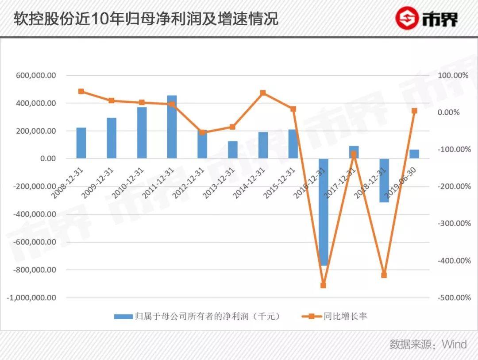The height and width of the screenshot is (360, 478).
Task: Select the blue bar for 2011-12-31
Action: pyautogui.click(x=172, y=127)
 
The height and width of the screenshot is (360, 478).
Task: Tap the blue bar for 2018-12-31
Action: pyautogui.click(x=384, y=180)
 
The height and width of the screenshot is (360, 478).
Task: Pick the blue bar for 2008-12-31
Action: pyautogui.click(x=81, y=143)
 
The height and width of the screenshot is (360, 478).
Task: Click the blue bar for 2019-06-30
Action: pyautogui.click(x=414, y=154)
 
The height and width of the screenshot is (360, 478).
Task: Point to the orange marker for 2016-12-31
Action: pyautogui.click(x=323, y=286)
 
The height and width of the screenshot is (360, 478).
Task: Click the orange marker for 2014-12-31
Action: pyautogui.click(x=263, y=93)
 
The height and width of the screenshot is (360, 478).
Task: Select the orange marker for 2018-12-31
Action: pyautogui.click(x=384, y=275)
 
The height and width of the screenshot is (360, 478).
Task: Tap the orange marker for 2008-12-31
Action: pyautogui.click(x=81, y=91)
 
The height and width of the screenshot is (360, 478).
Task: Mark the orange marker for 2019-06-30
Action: pyautogui.click(x=414, y=111)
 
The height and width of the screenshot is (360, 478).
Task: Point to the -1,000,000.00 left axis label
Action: pyautogui.click(x=31, y=298)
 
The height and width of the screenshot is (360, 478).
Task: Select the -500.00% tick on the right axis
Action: pyautogui.click(x=454, y=298)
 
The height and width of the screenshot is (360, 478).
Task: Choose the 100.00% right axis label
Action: pyautogui.click(x=453, y=76)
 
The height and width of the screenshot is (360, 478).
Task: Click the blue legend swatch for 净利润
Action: pyautogui.click(x=123, y=317)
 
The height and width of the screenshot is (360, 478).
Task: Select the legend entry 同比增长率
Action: pyautogui.click(x=345, y=317)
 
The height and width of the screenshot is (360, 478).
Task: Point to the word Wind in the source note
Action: pyautogui.click(x=455, y=345)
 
